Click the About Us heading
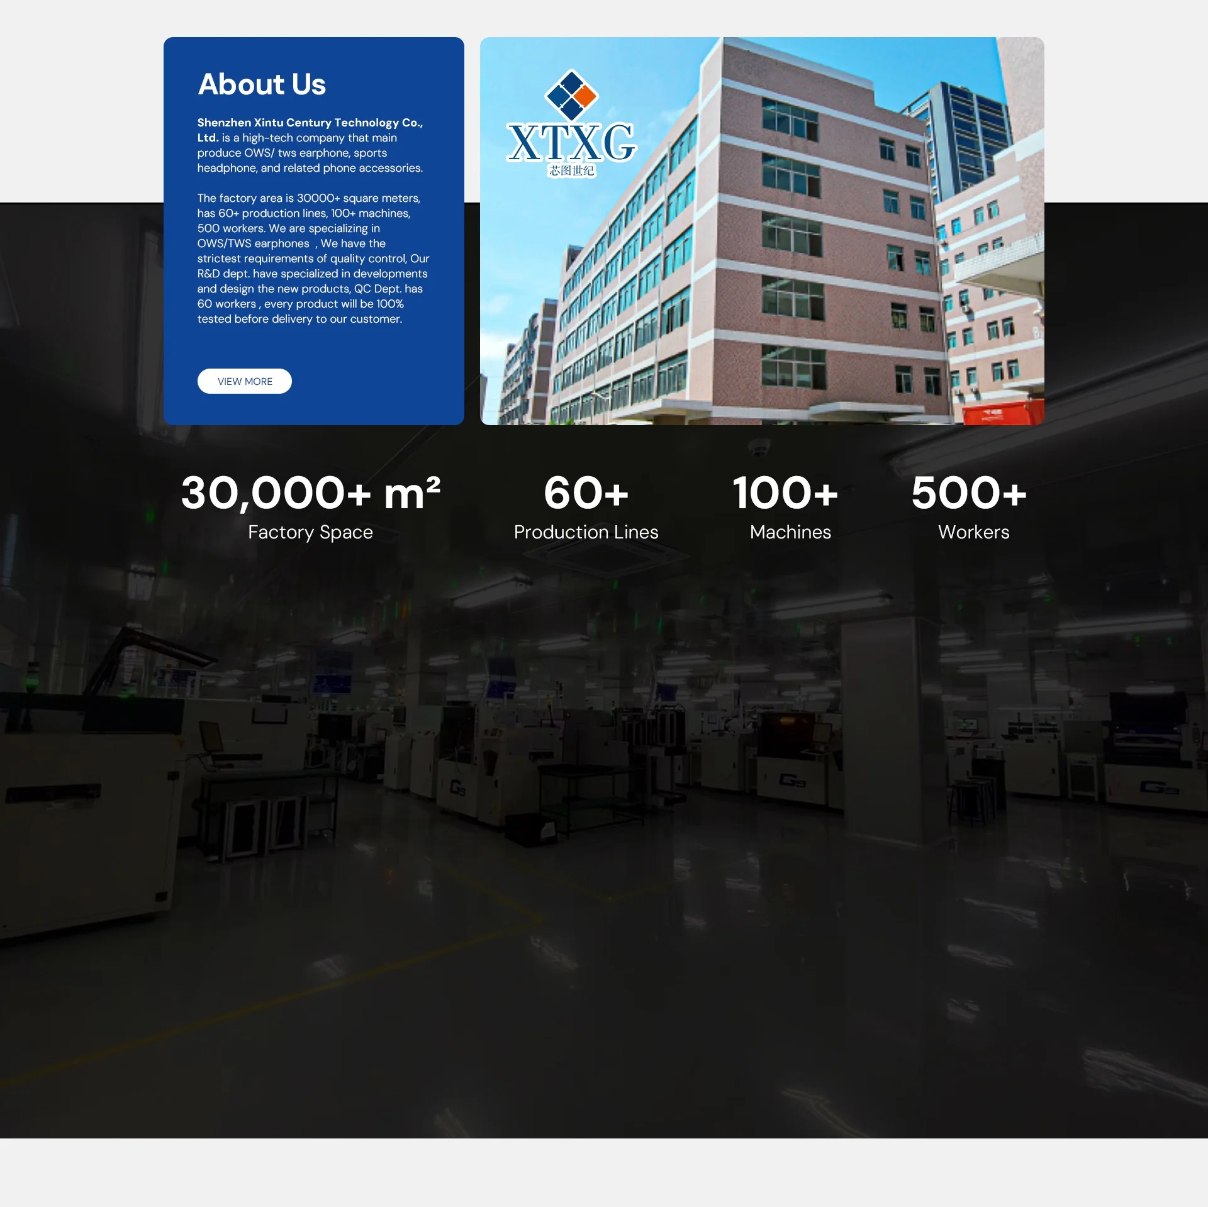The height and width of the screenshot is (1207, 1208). (x=262, y=84)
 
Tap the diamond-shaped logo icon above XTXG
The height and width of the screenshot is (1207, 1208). (x=571, y=95)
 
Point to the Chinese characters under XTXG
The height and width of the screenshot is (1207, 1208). (x=571, y=170)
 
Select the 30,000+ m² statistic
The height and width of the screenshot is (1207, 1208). (x=311, y=492)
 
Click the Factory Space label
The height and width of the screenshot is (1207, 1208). (x=311, y=532)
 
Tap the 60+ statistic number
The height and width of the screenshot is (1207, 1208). (x=586, y=492)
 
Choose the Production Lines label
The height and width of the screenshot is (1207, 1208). (x=586, y=532)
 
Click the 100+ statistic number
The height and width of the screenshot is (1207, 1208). (x=785, y=492)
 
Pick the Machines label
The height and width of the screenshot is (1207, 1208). (x=791, y=532)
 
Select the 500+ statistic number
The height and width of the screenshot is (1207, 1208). (x=969, y=492)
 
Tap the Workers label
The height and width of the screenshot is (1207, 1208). (x=974, y=532)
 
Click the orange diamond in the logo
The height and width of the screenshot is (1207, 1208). (x=585, y=96)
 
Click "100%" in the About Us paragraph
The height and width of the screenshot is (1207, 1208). (x=390, y=304)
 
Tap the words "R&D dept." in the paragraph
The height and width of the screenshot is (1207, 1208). (x=223, y=274)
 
